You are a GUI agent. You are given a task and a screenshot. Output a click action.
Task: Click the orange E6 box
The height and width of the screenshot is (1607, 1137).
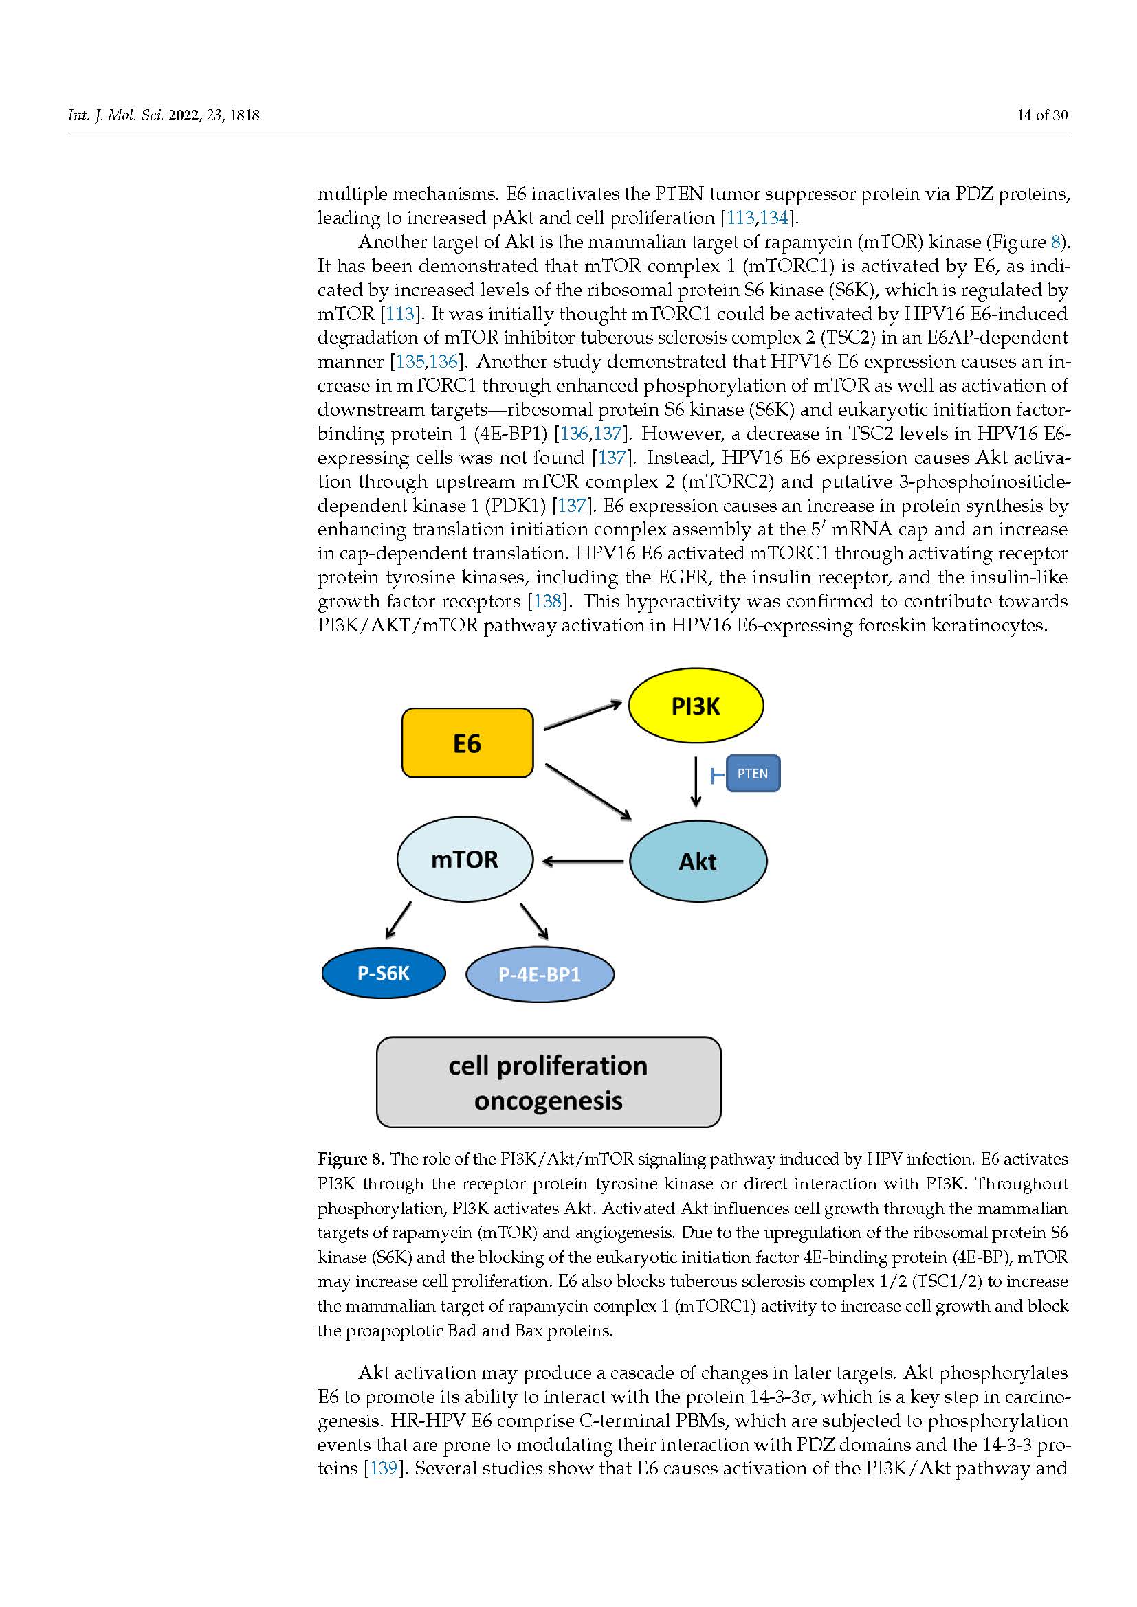click(x=467, y=743)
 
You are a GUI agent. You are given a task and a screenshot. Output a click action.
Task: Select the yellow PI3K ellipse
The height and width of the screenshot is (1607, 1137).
click(x=695, y=706)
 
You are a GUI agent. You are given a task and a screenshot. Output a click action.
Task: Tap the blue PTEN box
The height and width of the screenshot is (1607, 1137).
click(x=753, y=774)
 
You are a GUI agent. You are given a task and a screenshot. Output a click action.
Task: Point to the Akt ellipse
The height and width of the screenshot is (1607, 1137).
click(x=697, y=861)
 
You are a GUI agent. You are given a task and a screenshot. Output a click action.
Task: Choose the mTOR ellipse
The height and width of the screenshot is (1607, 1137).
click(x=464, y=859)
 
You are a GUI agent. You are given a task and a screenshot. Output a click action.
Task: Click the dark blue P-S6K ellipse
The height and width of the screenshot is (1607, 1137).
click(x=383, y=973)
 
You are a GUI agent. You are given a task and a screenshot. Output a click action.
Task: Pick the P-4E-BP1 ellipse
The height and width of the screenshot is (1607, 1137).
click(x=540, y=974)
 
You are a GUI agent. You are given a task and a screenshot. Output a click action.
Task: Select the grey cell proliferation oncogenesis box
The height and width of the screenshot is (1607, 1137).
click(x=548, y=1082)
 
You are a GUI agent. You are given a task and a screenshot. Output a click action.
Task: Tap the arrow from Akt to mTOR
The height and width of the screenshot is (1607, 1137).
click(x=582, y=862)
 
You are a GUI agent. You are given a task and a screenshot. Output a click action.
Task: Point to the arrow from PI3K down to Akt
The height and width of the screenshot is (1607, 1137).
click(x=695, y=781)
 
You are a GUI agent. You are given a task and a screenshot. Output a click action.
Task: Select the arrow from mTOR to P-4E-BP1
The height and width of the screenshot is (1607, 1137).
click(x=534, y=921)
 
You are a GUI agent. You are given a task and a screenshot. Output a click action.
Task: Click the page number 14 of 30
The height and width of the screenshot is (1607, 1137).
click(x=1041, y=115)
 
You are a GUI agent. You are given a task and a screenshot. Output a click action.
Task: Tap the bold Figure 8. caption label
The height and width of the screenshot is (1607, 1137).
click(x=351, y=1159)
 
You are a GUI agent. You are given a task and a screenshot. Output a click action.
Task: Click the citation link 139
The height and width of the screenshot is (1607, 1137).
click(x=384, y=1468)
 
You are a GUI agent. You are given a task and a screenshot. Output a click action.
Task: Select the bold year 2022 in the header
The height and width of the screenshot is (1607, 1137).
click(x=184, y=115)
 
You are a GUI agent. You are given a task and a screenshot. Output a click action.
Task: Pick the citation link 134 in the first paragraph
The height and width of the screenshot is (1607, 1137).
click(x=773, y=218)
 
